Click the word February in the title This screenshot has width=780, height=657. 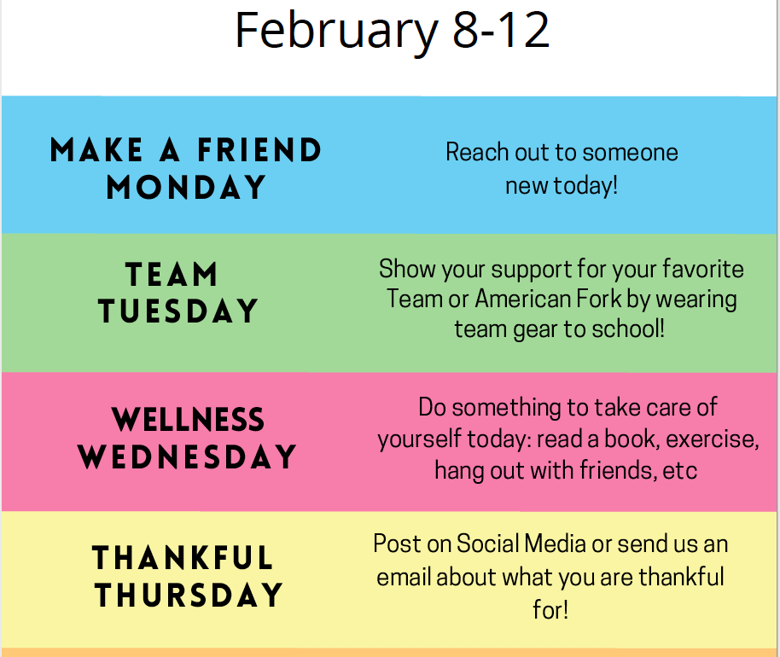[x=336, y=32]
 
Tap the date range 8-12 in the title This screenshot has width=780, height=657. [x=500, y=31]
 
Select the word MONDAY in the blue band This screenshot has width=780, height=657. [x=186, y=187]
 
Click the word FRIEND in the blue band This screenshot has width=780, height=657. [x=259, y=150]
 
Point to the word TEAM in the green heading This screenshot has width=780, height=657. [x=172, y=274]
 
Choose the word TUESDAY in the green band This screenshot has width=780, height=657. [x=178, y=311]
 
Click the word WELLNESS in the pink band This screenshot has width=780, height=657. [x=188, y=419]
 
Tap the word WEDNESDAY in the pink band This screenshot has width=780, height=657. [x=187, y=456]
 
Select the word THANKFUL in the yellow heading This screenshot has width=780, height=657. [x=183, y=557]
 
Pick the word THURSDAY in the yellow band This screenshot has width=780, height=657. [x=189, y=595]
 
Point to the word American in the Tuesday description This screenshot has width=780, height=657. [x=523, y=299]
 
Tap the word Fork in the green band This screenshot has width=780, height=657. [x=598, y=299]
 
